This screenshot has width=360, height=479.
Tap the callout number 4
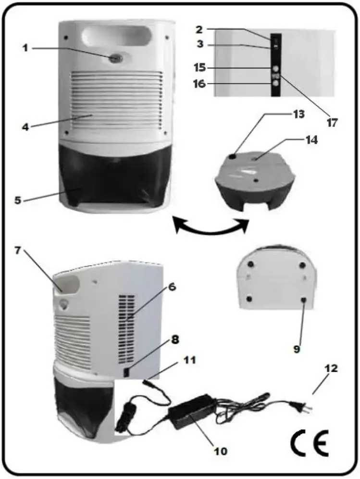click(x=25, y=127)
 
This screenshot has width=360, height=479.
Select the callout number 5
click(x=18, y=200)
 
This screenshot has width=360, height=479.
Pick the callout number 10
click(x=222, y=451)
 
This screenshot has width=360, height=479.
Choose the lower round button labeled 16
click(x=275, y=83)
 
